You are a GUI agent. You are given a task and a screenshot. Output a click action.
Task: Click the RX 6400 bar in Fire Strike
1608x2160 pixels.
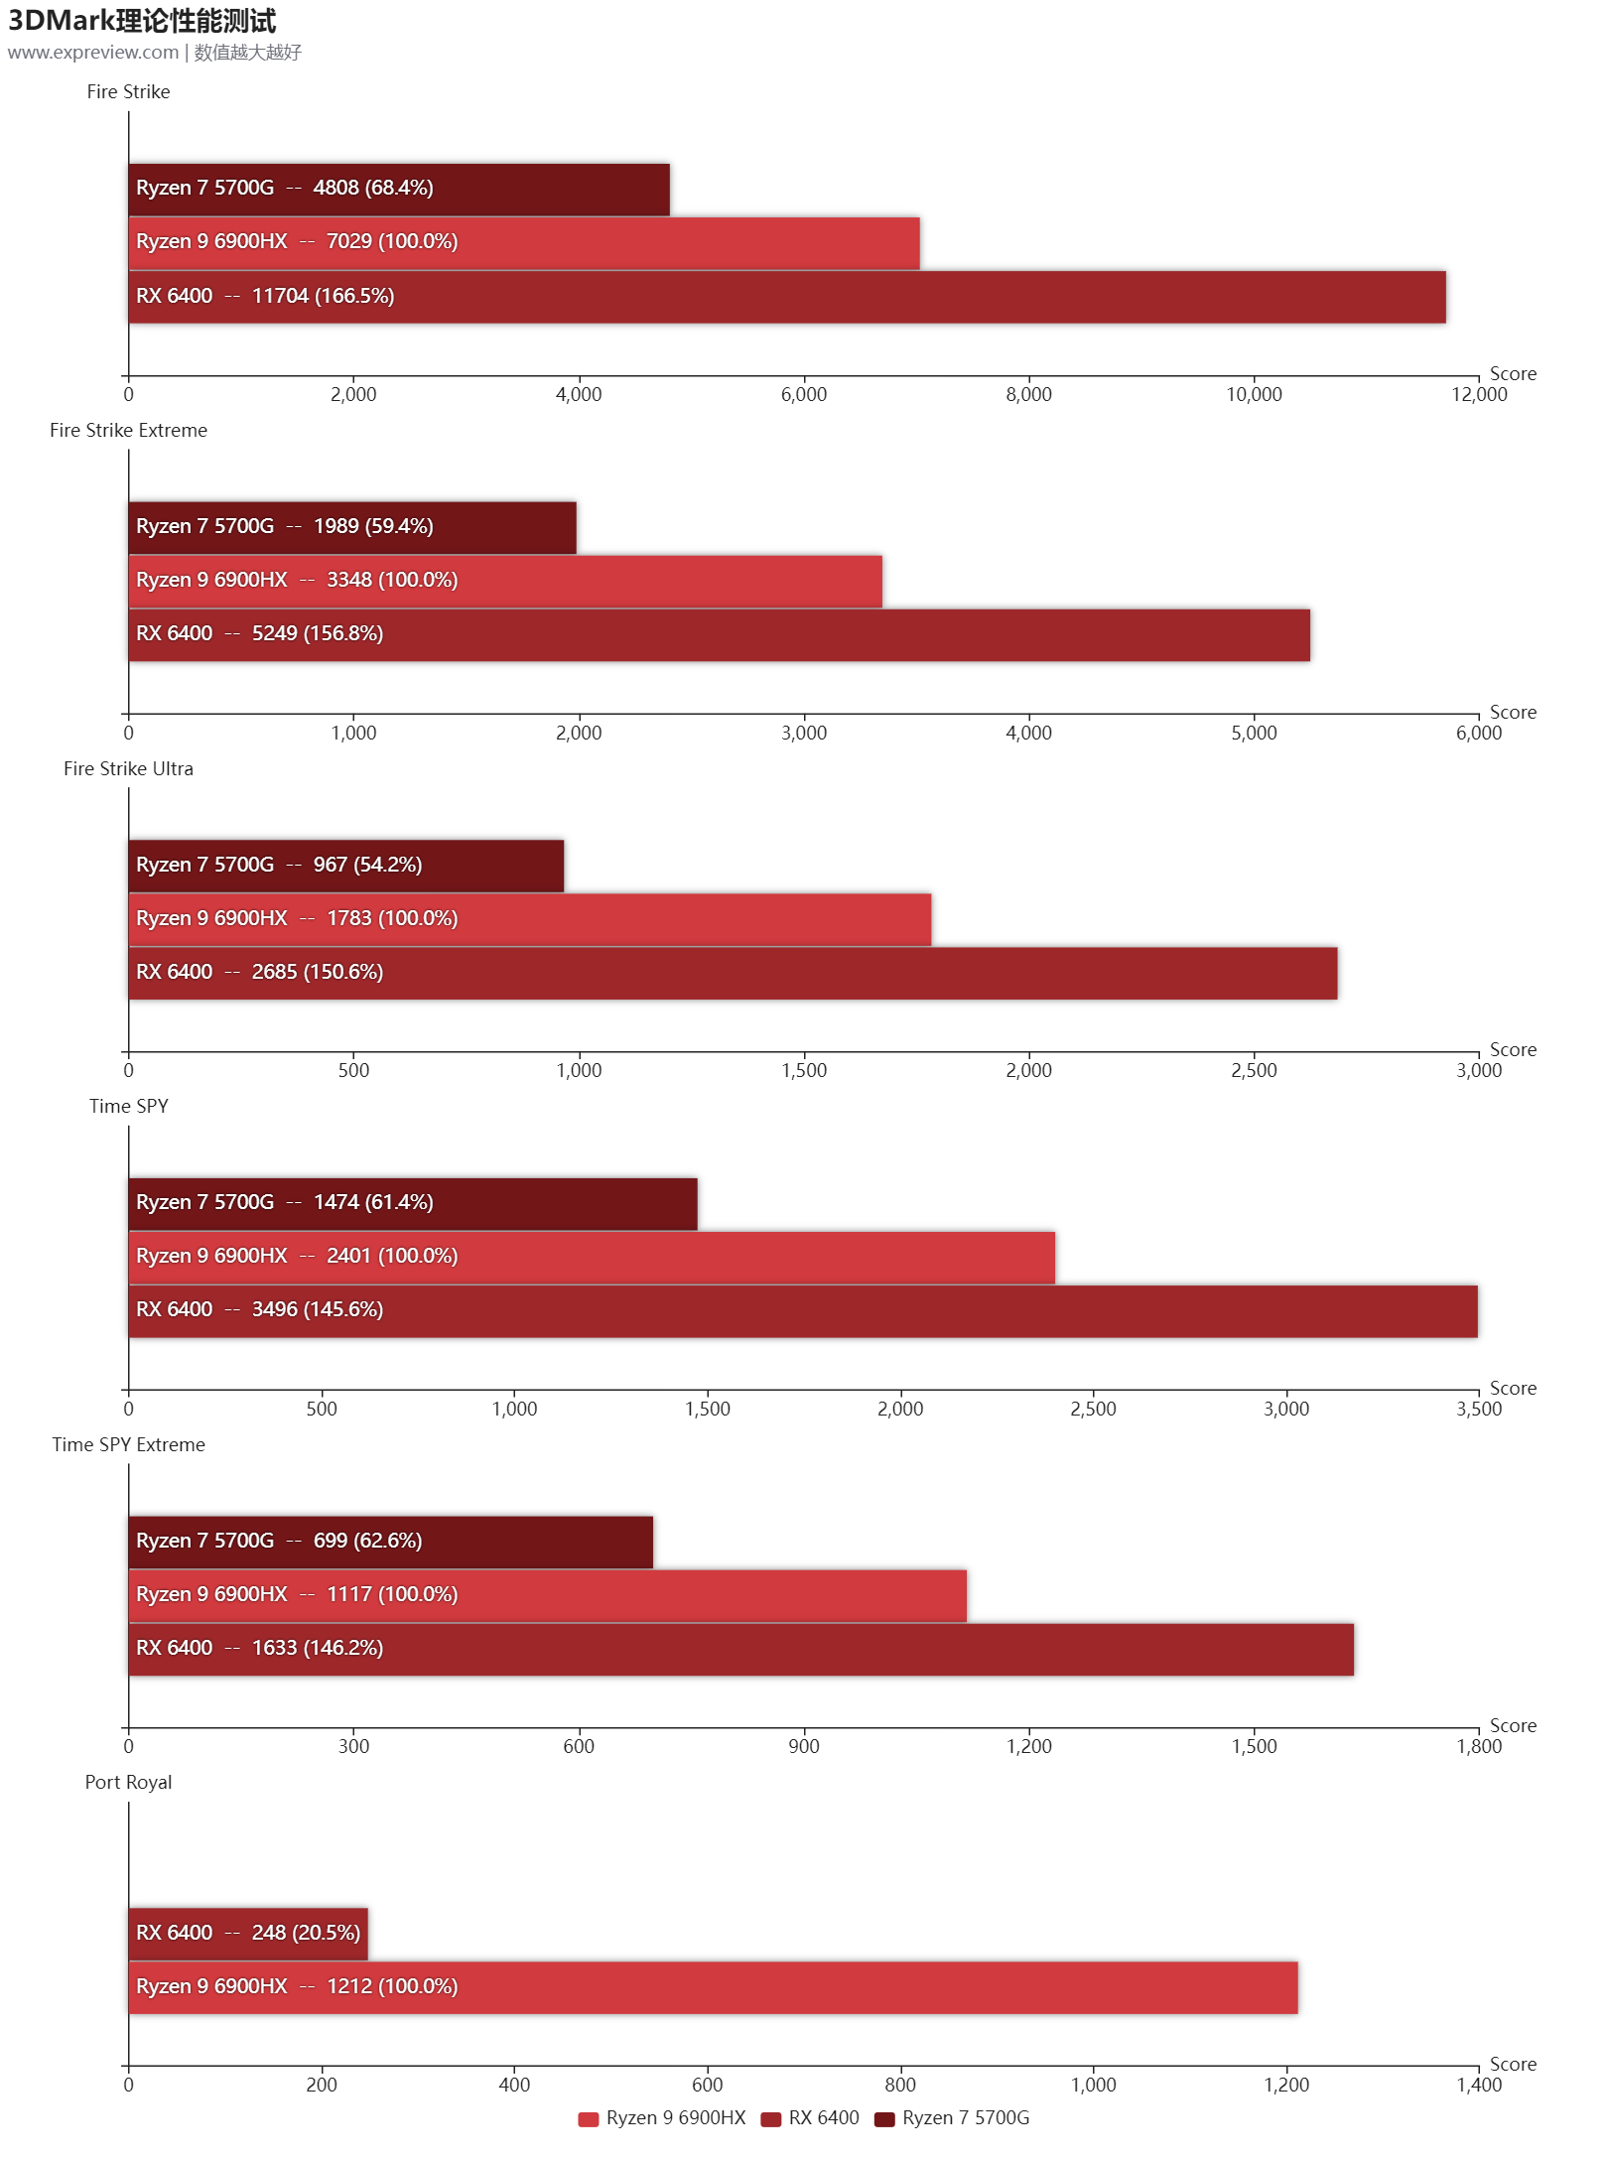click(x=786, y=297)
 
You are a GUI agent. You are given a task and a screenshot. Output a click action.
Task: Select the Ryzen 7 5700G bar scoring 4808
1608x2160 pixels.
click(x=399, y=190)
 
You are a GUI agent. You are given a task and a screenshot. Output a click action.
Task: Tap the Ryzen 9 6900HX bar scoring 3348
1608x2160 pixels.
click(x=505, y=581)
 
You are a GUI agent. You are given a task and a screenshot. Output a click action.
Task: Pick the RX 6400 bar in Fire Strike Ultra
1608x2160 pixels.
click(x=733, y=973)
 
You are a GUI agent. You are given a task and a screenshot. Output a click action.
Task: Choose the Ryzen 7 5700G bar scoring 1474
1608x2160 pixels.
click(x=413, y=1203)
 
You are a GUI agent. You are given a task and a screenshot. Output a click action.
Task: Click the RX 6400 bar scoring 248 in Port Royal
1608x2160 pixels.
click(x=248, y=1933)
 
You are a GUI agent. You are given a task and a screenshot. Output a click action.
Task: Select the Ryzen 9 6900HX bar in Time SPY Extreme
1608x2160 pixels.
click(x=547, y=1595)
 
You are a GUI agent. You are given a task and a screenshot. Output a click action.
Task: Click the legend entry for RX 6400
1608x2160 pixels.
click(x=810, y=2118)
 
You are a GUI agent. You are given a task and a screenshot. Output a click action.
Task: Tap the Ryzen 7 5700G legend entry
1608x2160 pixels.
click(x=952, y=2118)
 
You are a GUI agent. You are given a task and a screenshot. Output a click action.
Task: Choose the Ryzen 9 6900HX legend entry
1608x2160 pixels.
click(x=662, y=2118)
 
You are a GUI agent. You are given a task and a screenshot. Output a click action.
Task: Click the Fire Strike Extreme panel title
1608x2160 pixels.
click(x=128, y=430)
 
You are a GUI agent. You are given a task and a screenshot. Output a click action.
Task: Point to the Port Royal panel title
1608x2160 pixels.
click(x=128, y=1782)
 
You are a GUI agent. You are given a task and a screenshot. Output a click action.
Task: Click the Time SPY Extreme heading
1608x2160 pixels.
click(x=128, y=1444)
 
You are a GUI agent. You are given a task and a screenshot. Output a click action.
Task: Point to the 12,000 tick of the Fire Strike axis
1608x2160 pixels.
click(x=1478, y=394)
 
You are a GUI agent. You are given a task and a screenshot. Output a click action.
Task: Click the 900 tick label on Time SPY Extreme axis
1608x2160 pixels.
click(x=803, y=1746)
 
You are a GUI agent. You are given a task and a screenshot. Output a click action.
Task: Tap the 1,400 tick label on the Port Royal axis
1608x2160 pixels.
click(x=1478, y=2085)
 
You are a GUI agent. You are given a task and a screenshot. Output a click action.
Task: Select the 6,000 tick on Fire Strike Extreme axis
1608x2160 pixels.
click(x=1478, y=733)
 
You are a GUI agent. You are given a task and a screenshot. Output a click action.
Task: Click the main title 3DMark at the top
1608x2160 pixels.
click(x=142, y=21)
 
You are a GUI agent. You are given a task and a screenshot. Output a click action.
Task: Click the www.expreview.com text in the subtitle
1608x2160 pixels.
click(x=93, y=52)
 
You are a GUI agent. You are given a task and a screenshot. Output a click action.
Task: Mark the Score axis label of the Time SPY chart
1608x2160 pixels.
click(x=1512, y=1388)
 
